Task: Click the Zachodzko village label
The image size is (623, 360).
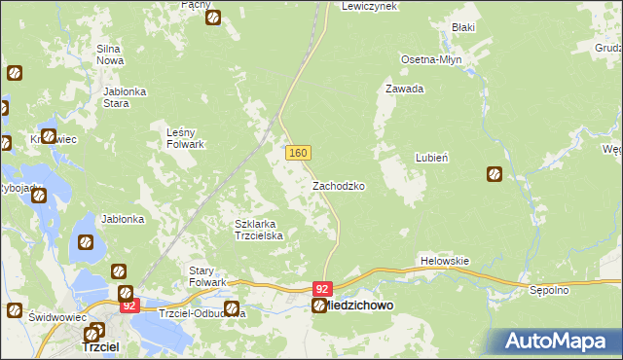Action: pos(338,185)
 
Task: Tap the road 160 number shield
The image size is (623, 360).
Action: pos(298,154)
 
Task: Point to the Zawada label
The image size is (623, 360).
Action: pos(404,89)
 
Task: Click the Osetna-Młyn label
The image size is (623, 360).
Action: pos(431,59)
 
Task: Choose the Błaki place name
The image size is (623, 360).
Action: pos(462,27)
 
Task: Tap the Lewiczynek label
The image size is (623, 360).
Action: pos(370,6)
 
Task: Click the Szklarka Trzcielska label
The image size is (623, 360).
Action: pos(259,230)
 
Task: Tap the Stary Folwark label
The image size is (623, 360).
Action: pos(206,275)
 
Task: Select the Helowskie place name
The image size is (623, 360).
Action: pos(445,261)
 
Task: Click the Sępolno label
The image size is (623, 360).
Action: pos(575,291)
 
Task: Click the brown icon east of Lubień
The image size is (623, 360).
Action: pos(495,174)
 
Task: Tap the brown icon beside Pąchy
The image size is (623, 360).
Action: pos(213,17)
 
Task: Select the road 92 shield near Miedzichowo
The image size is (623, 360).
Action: pos(323,289)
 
